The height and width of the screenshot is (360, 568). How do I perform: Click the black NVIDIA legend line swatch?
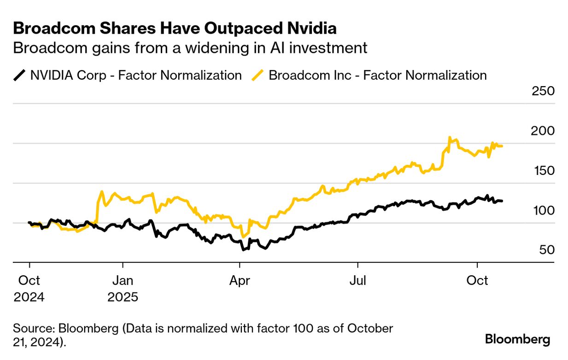pos(20,75)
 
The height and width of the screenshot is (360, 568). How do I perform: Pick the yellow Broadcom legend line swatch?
pos(258,75)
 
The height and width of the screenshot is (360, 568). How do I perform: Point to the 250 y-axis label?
pos(543,91)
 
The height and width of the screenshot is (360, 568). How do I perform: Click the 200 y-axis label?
pos(543,131)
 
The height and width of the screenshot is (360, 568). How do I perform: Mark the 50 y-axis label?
pos(545,250)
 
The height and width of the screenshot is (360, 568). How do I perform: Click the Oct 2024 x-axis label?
pos(29,288)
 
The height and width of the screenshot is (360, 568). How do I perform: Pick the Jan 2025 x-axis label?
pos(123,288)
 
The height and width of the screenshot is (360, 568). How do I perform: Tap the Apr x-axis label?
pos(240,280)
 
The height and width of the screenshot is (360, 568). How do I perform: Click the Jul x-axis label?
pos(357,280)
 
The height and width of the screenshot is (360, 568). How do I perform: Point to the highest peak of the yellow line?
pos(450,137)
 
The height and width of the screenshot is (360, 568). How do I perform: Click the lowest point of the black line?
pos(243,250)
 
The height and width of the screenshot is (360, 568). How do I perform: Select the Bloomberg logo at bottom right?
pos(517,340)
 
